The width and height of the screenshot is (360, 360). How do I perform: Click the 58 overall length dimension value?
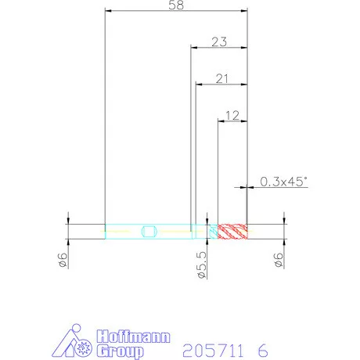[176, 5]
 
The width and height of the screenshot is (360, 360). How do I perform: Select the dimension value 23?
[219, 41]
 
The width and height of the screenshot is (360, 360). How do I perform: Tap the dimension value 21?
[221, 78]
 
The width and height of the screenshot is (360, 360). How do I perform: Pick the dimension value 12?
[232, 115]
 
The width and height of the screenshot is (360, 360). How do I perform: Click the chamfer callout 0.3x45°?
[283, 182]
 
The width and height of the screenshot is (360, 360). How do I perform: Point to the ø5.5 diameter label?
[202, 265]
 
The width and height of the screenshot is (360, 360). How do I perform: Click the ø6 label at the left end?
[63, 260]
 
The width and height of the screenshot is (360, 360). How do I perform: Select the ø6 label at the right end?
[279, 260]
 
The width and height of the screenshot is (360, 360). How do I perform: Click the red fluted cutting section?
[232, 232]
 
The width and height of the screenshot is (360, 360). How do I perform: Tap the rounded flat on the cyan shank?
[149, 232]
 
